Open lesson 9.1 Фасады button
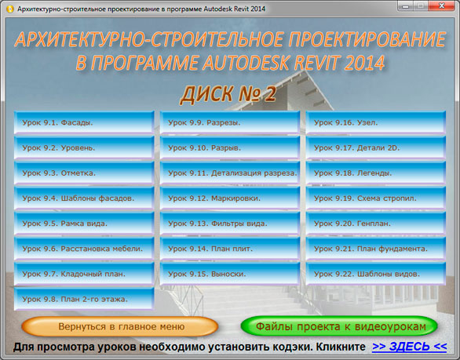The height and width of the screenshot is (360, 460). [x=84, y=122]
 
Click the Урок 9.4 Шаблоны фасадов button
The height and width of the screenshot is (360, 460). [x=84, y=198]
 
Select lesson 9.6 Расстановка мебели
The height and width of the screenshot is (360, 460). [x=84, y=249]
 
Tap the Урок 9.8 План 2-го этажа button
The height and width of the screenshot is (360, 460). [x=84, y=299]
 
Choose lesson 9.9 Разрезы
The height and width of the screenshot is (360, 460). [x=230, y=122]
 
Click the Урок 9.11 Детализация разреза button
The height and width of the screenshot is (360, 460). [x=230, y=173]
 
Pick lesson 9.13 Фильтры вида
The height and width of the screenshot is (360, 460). [x=230, y=224]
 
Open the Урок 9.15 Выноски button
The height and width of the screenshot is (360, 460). [x=230, y=274]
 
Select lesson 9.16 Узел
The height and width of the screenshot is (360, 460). [x=376, y=122]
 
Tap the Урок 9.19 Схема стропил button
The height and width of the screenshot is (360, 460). [x=376, y=198]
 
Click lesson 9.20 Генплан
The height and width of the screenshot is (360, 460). [x=376, y=224]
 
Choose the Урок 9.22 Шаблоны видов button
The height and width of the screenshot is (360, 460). [x=376, y=274]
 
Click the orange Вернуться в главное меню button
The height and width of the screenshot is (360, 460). [x=120, y=326]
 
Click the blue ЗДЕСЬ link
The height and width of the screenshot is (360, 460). [x=410, y=347]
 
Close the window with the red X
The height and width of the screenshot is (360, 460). [x=441, y=5]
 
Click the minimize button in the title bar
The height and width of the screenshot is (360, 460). [x=405, y=5]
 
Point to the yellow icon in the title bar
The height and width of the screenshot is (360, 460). [x=9, y=9]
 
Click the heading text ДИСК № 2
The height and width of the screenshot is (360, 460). [x=228, y=94]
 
